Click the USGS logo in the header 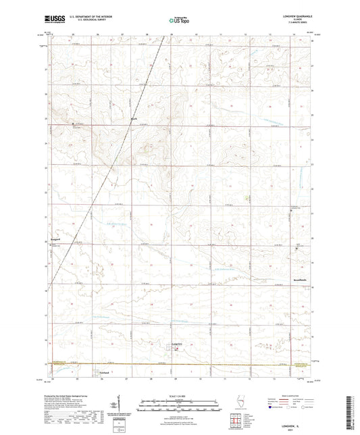pyautogui.click(x=54, y=20)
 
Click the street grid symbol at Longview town pyautogui.click(x=173, y=349)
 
